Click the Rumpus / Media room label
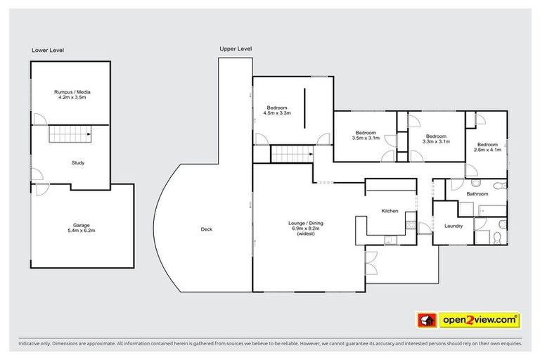pos(72,92)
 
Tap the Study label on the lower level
pos(78,163)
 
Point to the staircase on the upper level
pos(290,154)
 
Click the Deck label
pos(206,229)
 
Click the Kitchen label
pos(390,211)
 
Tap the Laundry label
pos(454,226)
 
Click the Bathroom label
pos(477,193)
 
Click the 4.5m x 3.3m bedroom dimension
pos(277,112)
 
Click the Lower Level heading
pos(48,50)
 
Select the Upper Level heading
pos(236,49)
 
